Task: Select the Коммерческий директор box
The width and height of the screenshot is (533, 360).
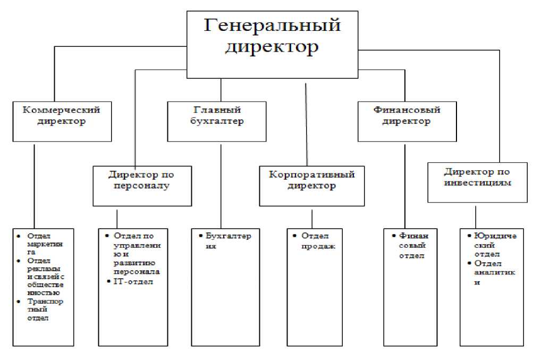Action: point(62,122)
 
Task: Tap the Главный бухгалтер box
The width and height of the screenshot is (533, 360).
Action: point(216,122)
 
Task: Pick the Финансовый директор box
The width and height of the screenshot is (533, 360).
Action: point(407,122)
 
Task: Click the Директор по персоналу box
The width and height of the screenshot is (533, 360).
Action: point(142,186)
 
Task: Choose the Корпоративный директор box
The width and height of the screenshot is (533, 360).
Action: point(311,186)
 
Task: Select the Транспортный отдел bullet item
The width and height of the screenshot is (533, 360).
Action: point(44,309)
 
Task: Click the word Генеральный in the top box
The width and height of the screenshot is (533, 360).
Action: point(273,26)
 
